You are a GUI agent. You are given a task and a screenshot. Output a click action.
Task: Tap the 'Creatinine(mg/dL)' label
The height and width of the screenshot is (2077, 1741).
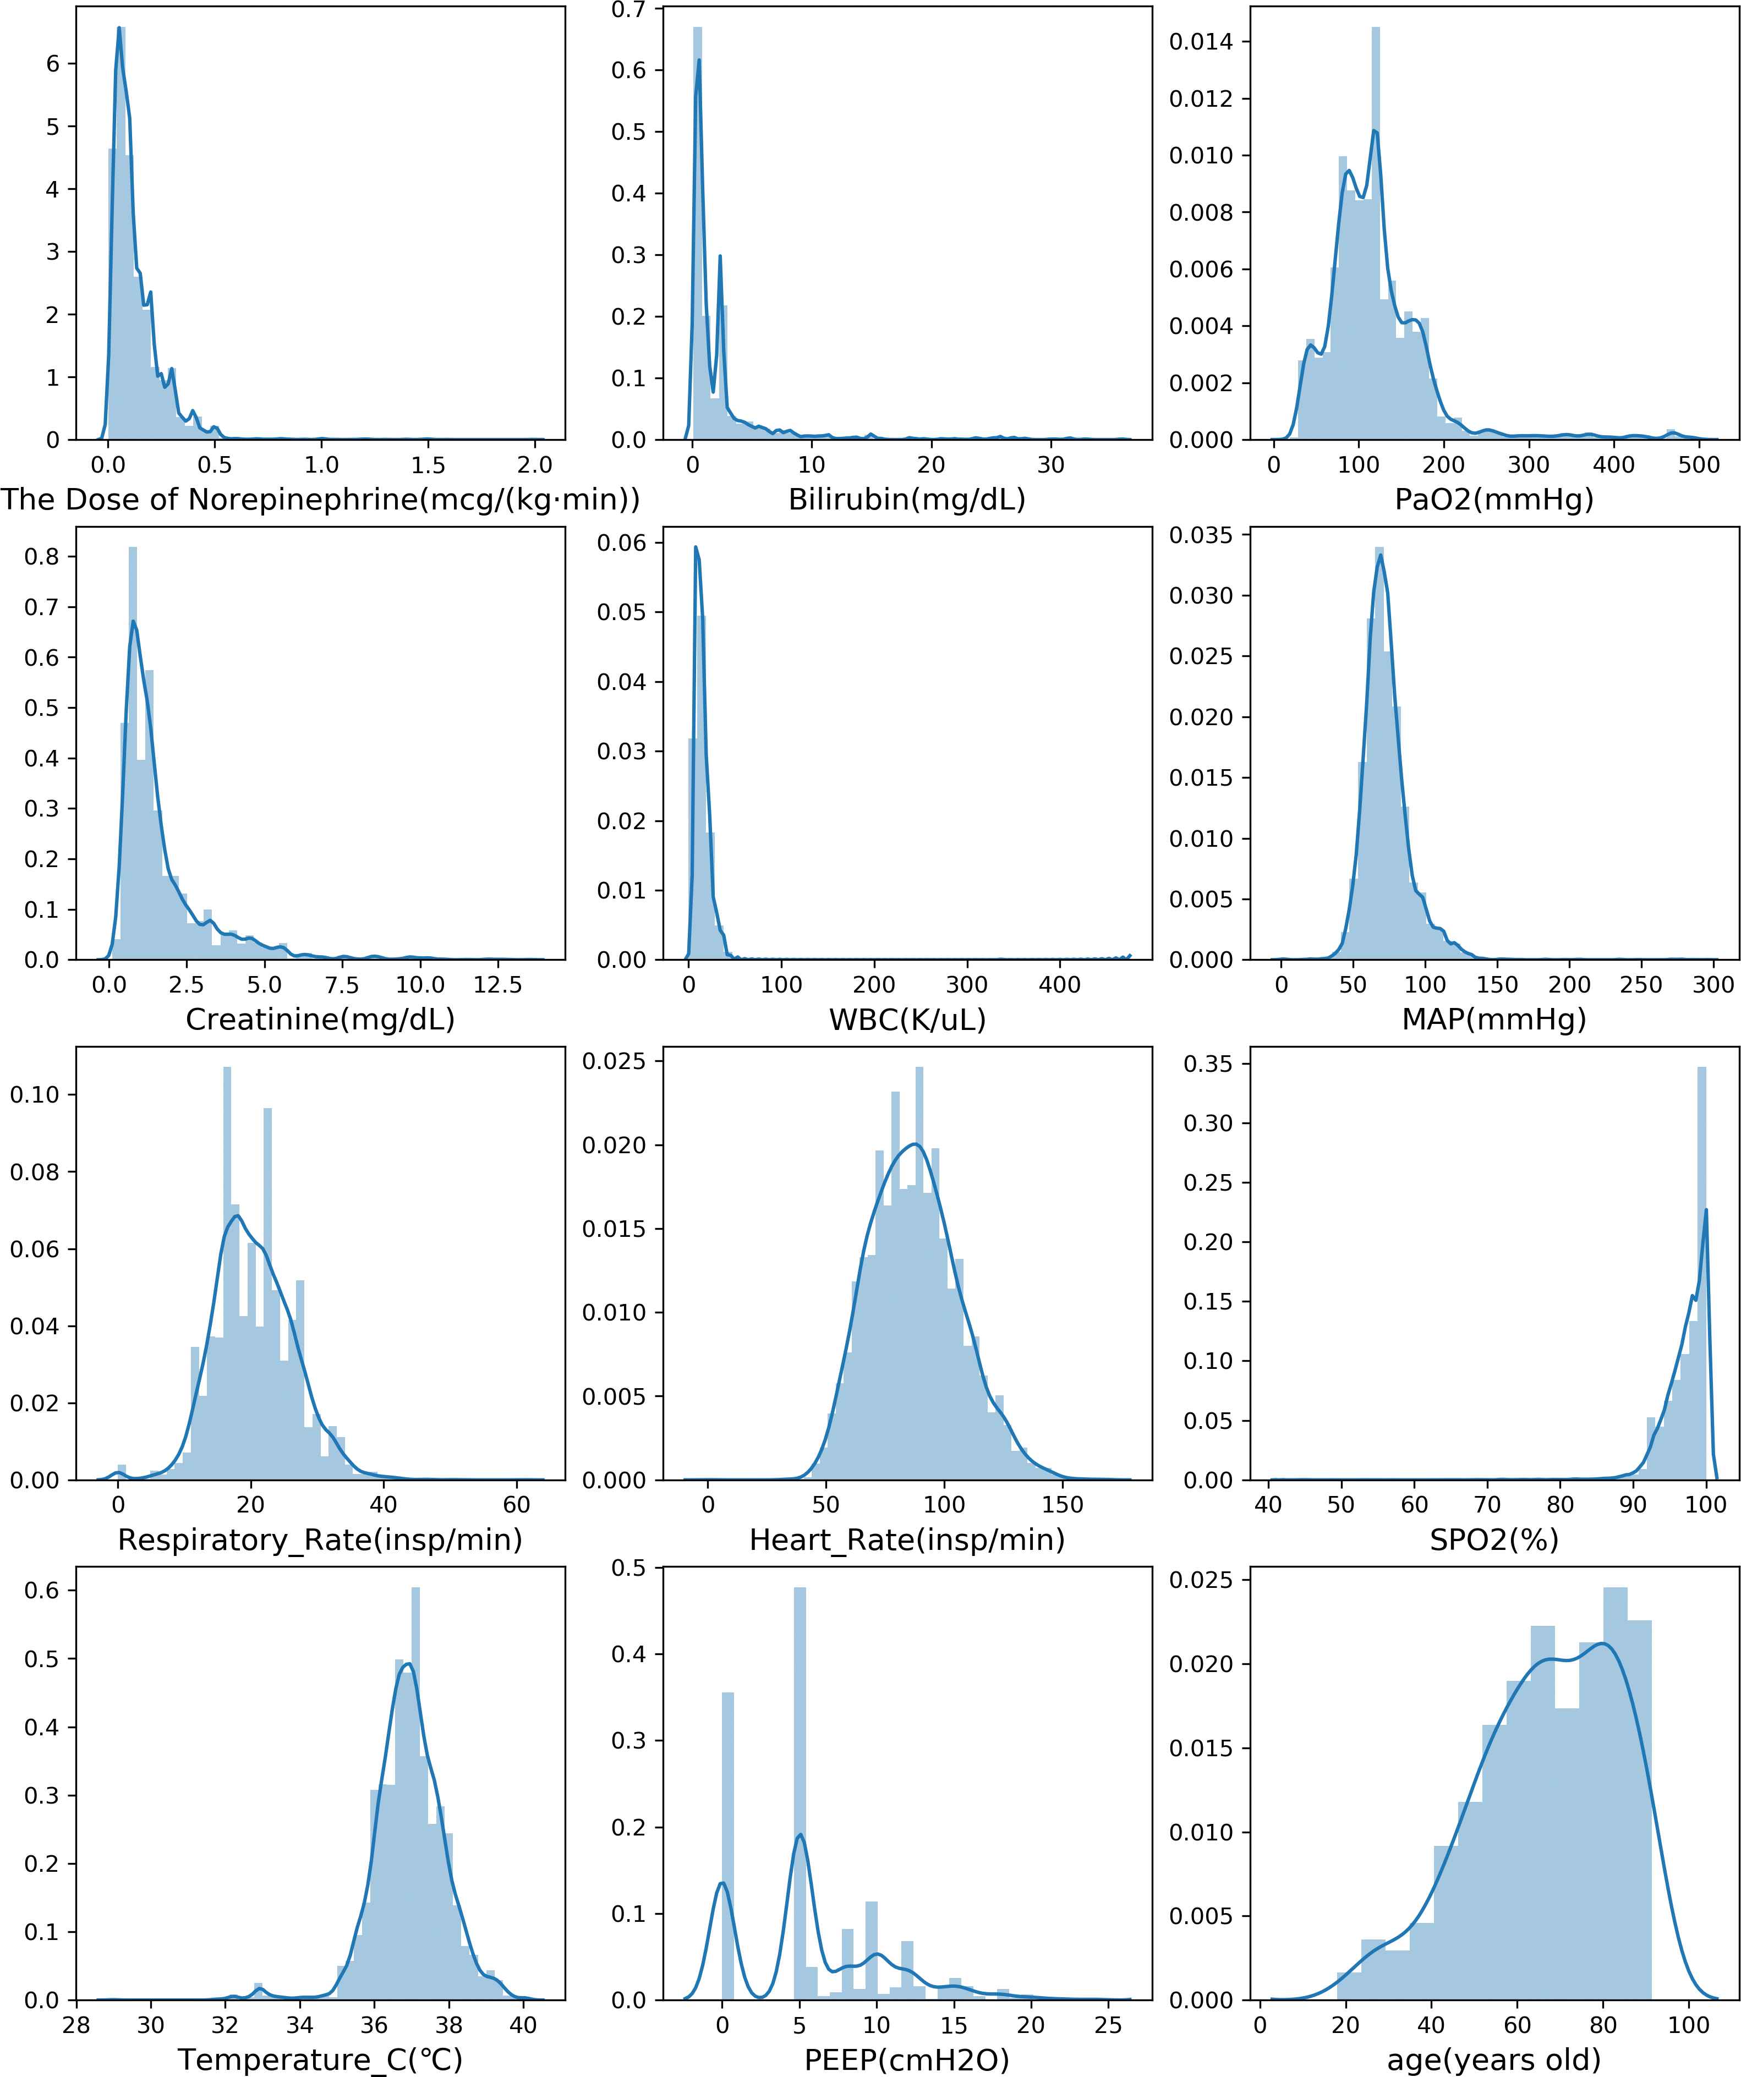click(x=320, y=1019)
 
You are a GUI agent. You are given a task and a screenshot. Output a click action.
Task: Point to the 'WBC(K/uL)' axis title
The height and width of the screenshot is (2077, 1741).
click(x=906, y=1019)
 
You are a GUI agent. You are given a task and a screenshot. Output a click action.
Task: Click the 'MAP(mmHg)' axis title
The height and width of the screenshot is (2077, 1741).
click(x=1494, y=1019)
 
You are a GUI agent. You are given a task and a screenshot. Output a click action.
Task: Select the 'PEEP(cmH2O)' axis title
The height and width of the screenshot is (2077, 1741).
click(x=906, y=2059)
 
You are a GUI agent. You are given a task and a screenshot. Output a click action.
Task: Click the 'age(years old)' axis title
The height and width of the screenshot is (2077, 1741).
click(x=1494, y=2059)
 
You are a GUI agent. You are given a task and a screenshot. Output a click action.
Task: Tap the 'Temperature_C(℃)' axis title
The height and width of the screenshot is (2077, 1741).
click(x=320, y=2059)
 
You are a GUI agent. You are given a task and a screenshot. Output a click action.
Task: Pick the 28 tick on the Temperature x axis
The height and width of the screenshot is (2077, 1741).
click(x=76, y=2025)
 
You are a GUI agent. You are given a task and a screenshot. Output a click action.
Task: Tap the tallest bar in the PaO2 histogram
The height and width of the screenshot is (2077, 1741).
click(x=1375, y=237)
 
